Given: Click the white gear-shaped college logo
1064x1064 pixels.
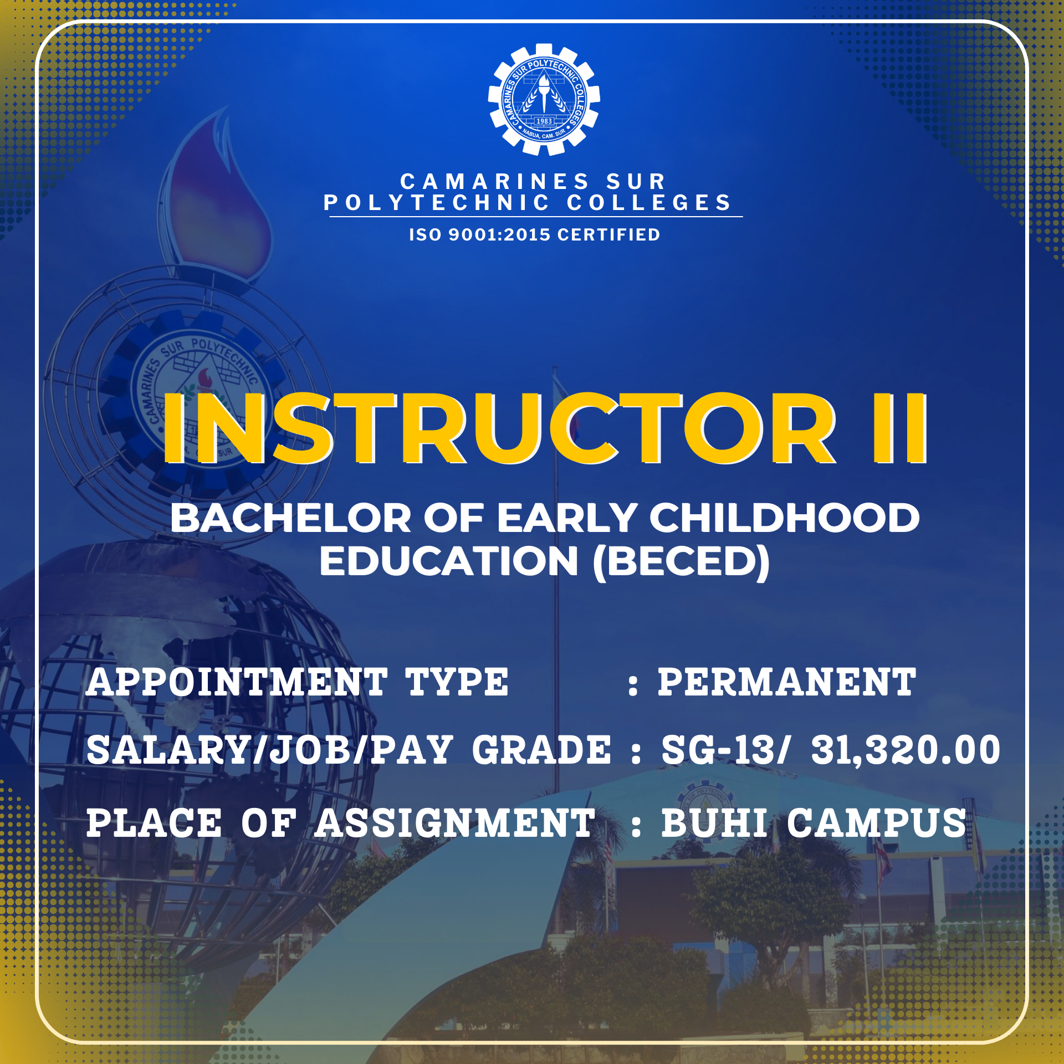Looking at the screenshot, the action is pos(544,100).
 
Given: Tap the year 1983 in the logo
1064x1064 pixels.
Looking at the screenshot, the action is pos(544,121).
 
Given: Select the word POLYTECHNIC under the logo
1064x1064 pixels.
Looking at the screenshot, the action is pos(437,203).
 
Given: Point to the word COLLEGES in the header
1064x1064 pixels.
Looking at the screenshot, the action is pos(649,203).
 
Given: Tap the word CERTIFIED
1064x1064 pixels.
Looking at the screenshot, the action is pos(608,234).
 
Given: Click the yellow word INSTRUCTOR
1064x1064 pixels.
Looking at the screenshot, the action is pos(499,428).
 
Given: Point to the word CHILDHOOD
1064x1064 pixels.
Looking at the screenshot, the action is pos(784,518).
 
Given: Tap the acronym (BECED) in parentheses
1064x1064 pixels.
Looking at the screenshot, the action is pos(681,561).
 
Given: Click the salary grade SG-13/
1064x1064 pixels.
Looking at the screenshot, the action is pos(724,750).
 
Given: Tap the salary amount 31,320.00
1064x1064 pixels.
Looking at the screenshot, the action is pos(906,750).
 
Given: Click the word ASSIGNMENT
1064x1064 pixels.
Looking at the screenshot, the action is pos(455,823).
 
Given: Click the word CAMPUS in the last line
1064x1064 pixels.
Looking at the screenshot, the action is pos(877,823).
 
